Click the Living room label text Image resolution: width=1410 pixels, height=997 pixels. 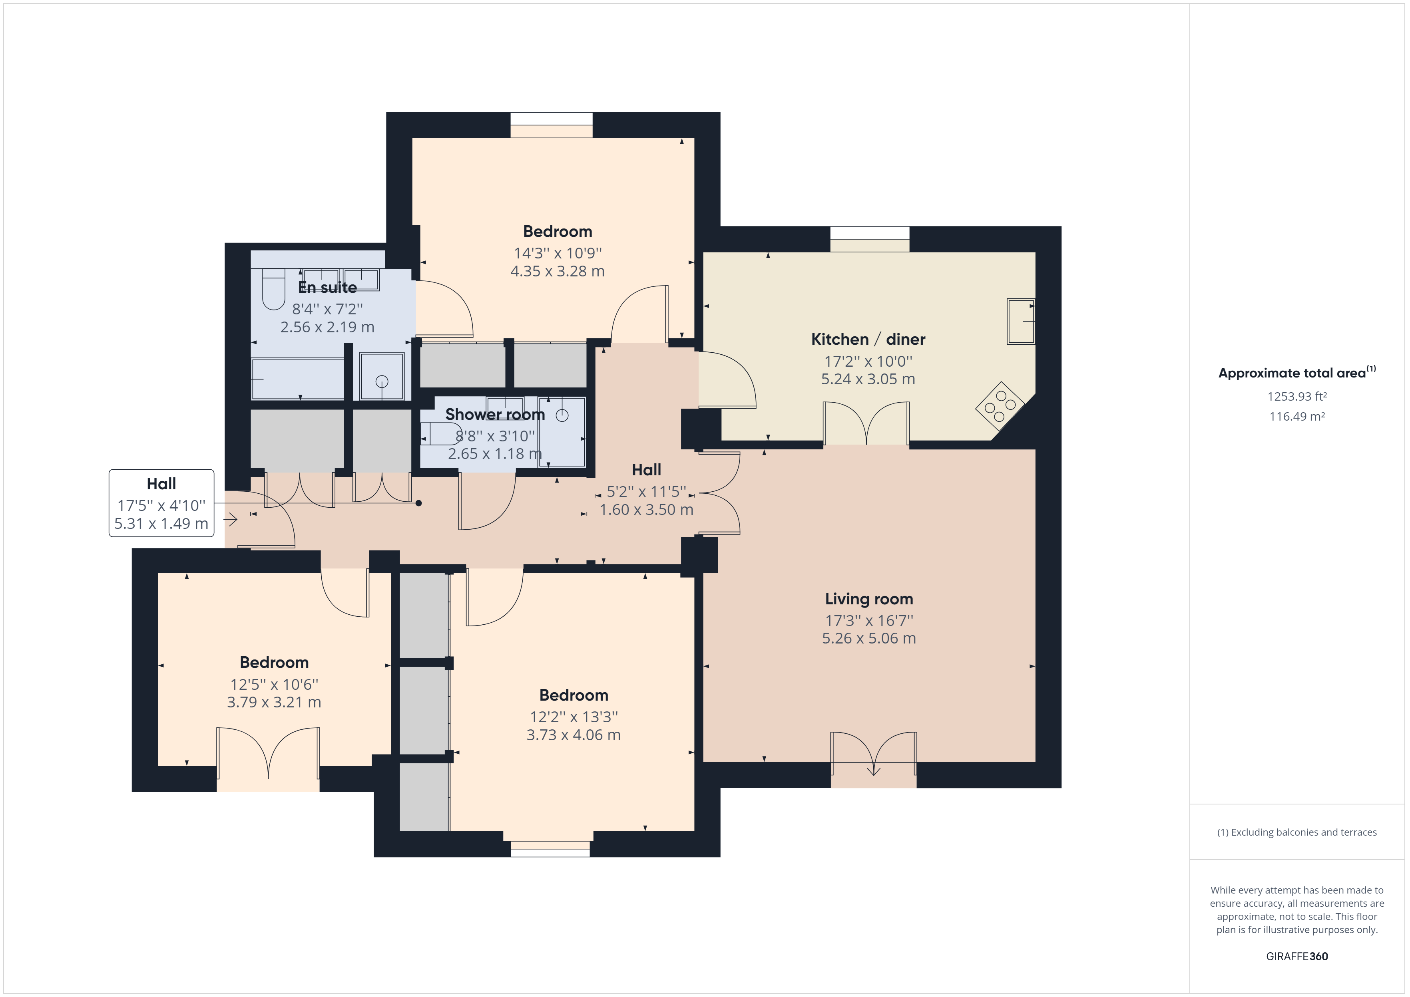tap(868, 599)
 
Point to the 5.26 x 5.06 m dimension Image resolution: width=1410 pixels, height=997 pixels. tap(868, 638)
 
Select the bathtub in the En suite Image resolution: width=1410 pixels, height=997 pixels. tap(298, 379)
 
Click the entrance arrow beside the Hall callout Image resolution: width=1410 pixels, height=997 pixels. tap(231, 520)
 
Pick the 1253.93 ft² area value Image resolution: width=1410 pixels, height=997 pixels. tap(1297, 397)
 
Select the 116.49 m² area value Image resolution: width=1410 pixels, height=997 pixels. tap(1297, 416)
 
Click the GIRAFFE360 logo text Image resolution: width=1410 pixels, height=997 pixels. tap(1296, 956)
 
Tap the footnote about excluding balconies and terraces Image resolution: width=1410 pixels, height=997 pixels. tap(1296, 832)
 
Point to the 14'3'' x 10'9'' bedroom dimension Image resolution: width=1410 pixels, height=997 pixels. tap(558, 253)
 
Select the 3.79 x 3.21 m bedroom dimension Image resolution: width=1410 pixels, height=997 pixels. tap(274, 702)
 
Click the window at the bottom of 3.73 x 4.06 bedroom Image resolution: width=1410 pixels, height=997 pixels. tap(550, 849)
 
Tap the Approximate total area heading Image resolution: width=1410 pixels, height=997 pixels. tap(1292, 373)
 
